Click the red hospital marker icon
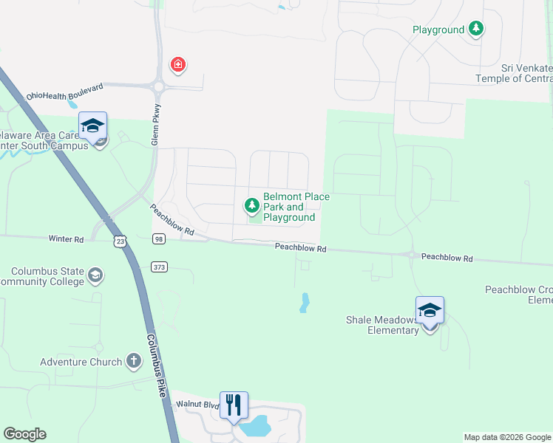tap(177, 66)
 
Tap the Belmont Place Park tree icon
tap(252, 205)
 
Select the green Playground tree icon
tap(477, 30)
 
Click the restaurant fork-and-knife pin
tap(234, 405)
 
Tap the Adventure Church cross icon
tap(133, 361)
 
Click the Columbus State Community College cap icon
tap(95, 276)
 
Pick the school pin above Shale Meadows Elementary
tap(430, 310)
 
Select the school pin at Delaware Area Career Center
tap(93, 126)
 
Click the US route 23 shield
tap(121, 241)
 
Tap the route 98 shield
tap(158, 238)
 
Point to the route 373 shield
tap(158, 266)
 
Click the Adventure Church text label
tap(81, 362)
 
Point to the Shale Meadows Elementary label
tap(381, 325)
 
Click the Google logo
tap(25, 434)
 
